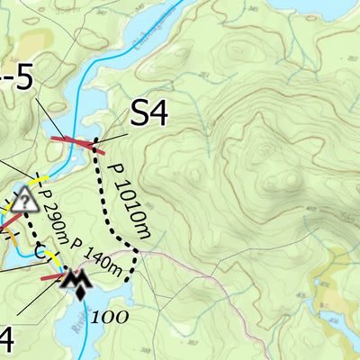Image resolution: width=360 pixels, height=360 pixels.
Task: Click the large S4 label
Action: pyautogui.click(x=150, y=113)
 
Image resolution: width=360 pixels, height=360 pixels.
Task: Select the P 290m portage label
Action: pyautogui.click(x=54, y=221)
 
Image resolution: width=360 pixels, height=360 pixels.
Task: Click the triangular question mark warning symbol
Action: pyautogui.click(x=24, y=200)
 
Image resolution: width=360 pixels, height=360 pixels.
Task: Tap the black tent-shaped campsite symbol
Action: pyautogui.click(x=77, y=285)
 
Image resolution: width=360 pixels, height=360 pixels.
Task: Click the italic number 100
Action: pyautogui.click(x=108, y=316)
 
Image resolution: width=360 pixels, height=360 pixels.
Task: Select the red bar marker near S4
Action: pyautogui.click(x=74, y=141)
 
